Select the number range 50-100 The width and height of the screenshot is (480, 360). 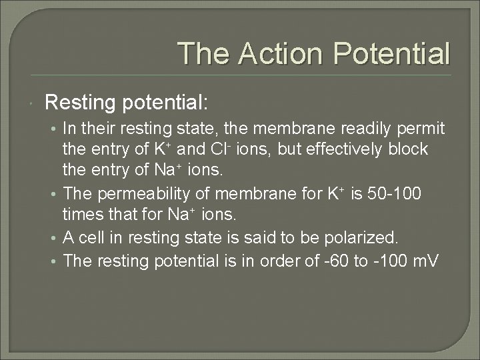pyautogui.click(x=397, y=194)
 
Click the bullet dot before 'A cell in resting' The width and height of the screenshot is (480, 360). pyautogui.click(x=56, y=238)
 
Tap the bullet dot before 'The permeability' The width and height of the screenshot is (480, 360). pyautogui.click(x=56, y=195)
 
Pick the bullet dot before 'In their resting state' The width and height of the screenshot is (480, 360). pyautogui.click(x=56, y=128)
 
